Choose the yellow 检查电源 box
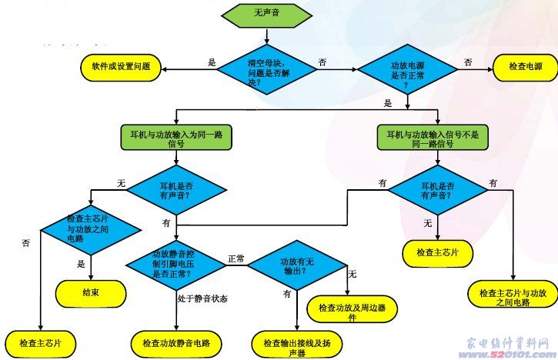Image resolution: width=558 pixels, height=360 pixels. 525,68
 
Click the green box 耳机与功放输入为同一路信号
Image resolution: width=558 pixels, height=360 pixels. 176,138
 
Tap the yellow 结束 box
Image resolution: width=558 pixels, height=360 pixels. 91,291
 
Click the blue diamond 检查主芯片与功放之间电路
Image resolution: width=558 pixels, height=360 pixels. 90,228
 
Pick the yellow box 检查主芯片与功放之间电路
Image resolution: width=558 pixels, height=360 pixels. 511,297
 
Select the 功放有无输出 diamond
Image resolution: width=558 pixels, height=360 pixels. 296,265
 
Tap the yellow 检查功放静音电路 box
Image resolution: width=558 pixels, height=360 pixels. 176,341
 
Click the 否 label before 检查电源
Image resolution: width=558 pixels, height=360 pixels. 468,62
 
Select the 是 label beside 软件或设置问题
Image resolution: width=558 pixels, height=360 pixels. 212,62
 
